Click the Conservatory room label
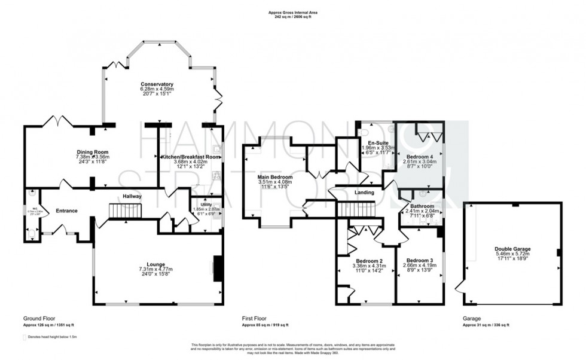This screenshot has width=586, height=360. point(157,84)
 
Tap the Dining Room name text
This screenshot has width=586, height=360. point(91,152)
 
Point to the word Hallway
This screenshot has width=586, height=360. point(132,196)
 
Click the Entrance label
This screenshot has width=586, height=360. point(66,210)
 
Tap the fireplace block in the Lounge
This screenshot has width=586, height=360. point(219,269)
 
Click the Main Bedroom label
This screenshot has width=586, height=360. point(275,178)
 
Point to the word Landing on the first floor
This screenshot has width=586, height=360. point(364,193)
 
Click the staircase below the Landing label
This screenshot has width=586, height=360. point(355,210)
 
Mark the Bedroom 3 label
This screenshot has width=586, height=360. point(419,261)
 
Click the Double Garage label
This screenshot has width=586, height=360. point(512,249)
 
